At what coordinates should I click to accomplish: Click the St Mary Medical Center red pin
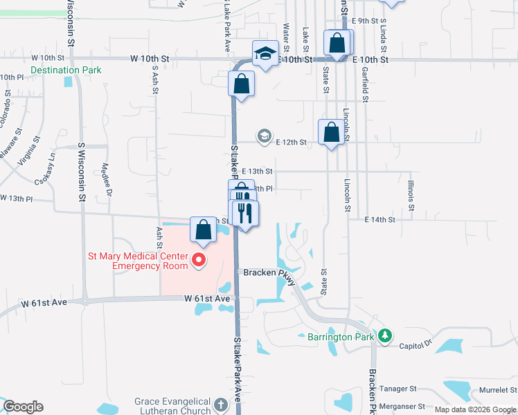pos(199,260)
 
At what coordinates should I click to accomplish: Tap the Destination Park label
pos(66,70)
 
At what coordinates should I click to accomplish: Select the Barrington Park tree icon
pos(385,336)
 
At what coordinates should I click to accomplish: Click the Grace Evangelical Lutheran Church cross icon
pos(220,405)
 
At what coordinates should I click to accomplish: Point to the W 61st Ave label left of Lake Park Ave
pos(207,298)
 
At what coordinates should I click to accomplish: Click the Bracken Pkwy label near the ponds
pos(270,273)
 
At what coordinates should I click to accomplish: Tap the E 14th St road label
pos(379,220)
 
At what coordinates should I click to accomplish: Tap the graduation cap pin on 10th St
pos(265,53)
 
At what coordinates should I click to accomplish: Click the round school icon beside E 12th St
pos(264,136)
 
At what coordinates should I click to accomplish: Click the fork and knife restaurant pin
pos(244,212)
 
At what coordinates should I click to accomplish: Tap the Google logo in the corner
pos(23,407)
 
